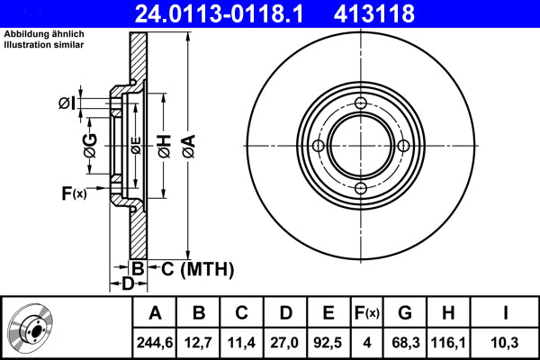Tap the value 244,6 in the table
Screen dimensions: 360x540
156,342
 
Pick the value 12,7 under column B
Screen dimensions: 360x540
199,342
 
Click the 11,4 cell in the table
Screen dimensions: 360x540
242,342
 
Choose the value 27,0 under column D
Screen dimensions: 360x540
285,342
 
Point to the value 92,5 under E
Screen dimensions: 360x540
328,342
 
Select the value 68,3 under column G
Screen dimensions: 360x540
406,342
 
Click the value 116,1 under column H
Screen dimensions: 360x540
449,342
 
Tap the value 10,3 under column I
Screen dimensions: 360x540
505,342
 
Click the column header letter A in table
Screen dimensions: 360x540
156,313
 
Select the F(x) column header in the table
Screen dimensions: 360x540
367,313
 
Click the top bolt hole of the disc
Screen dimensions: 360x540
361,104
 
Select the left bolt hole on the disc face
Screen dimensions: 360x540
319,147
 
